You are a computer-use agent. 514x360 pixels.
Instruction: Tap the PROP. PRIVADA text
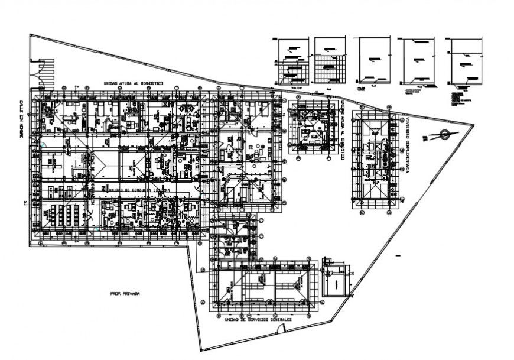click(x=123, y=293)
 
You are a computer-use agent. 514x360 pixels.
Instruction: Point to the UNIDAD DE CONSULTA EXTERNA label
click(x=136, y=189)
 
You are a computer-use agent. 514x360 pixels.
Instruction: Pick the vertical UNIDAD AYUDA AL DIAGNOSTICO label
click(x=341, y=127)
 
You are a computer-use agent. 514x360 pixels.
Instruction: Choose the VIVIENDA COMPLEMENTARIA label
click(x=407, y=142)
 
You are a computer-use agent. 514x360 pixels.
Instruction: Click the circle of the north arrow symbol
click(x=444, y=135)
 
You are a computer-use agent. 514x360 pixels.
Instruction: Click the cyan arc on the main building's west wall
click(x=43, y=144)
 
